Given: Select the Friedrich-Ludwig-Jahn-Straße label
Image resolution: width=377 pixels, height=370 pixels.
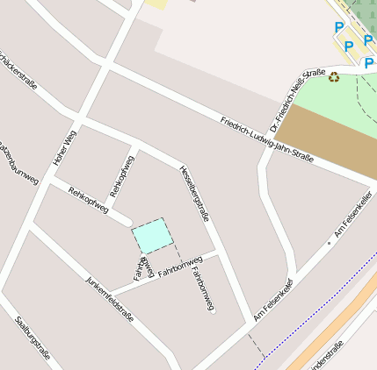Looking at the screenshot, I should [267, 139].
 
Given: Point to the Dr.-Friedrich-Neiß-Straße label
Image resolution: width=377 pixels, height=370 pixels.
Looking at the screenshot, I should [299, 99].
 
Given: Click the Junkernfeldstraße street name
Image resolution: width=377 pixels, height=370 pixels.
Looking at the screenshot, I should [110, 299].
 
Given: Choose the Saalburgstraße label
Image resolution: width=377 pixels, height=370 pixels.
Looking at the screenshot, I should [33, 338].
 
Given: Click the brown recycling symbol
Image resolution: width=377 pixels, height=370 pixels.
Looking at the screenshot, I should [334, 77].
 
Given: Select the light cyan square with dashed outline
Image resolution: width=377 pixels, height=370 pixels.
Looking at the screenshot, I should [151, 235].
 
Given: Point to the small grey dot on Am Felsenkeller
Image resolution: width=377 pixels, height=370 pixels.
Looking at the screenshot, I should [329, 242].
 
